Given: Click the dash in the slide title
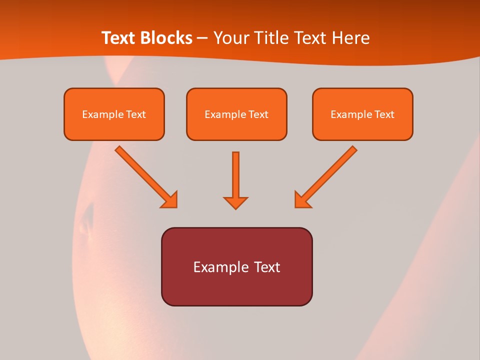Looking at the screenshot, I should click(x=202, y=38).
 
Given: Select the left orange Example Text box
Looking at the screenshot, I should click(x=114, y=114).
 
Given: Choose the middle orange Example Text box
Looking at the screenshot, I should click(x=236, y=114).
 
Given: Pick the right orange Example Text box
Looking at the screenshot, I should click(x=362, y=114).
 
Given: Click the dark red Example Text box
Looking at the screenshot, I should click(x=236, y=266).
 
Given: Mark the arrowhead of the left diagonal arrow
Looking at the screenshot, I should click(x=170, y=200).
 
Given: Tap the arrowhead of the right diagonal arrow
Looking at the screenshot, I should click(x=301, y=200).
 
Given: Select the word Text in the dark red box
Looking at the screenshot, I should click(x=267, y=267).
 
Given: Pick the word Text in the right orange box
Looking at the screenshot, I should click(x=384, y=114).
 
